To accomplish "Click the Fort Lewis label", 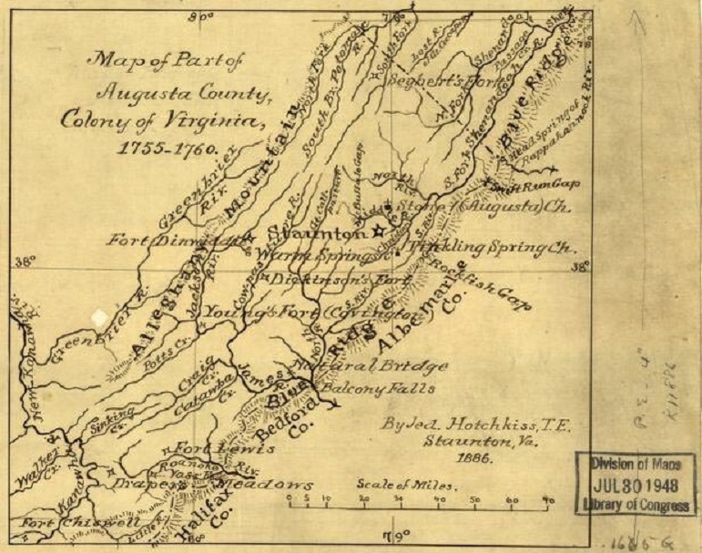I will [x=210, y=449].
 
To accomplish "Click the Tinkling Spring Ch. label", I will [x=492, y=247].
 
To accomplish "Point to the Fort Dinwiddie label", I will [x=173, y=241].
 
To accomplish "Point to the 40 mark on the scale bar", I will [x=438, y=500].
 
